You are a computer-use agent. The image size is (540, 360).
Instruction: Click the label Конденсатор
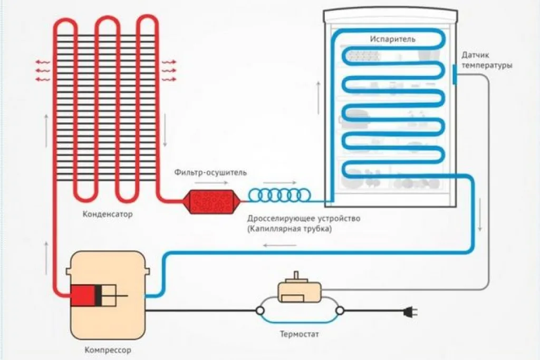[x=108, y=214]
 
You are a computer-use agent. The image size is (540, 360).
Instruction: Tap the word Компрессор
[x=108, y=351]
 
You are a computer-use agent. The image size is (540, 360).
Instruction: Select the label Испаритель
[x=392, y=39]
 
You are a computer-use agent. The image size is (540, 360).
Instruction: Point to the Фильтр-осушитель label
[x=210, y=172]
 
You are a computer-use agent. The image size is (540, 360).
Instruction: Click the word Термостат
[x=300, y=334]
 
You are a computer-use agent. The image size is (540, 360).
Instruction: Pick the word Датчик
[x=475, y=55]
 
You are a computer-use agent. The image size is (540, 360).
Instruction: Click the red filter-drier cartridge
[x=211, y=202]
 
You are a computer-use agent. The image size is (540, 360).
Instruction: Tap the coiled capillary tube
[x=279, y=195]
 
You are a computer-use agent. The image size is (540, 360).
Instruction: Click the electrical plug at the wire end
[x=411, y=312]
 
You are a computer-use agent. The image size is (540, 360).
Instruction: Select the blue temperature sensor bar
[x=455, y=74]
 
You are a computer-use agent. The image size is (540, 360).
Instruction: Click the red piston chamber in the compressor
[x=83, y=296]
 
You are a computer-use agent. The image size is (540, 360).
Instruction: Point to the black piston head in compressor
[x=98, y=296]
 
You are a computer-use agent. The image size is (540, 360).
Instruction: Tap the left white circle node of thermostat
[x=260, y=311]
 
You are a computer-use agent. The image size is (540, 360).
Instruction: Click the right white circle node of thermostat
[x=340, y=311]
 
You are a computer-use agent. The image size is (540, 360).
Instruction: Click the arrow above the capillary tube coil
[x=279, y=183]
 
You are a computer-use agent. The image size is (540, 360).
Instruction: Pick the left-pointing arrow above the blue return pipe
[x=279, y=246]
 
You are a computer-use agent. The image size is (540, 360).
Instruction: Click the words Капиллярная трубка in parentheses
[x=290, y=229]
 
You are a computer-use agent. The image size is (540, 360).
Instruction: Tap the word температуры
[x=487, y=65]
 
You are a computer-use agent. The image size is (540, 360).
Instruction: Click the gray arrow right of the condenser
[x=165, y=130]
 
